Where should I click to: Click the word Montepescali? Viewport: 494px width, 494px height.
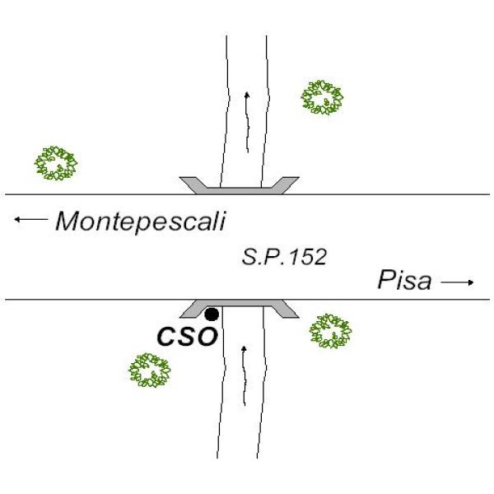point(141,222)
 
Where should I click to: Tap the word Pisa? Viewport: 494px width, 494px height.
point(404,280)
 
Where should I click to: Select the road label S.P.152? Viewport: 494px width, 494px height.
point(284,257)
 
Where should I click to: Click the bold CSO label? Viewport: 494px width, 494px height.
point(187,337)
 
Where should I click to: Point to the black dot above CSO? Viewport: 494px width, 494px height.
point(212,315)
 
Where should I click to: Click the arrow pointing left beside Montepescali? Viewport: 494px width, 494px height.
point(31,219)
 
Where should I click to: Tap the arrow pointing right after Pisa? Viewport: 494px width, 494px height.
point(457,282)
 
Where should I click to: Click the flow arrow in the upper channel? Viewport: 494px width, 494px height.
point(247,122)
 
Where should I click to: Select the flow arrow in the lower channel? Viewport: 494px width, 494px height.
point(245,375)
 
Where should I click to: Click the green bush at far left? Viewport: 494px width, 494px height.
point(56,163)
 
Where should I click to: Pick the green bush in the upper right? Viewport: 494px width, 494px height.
point(322,97)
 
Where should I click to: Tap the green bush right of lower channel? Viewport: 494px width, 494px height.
point(330,331)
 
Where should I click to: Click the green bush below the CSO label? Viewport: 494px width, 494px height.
point(149,370)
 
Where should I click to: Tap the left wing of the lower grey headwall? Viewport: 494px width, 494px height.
point(193,310)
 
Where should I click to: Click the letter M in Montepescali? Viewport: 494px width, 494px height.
point(68,221)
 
